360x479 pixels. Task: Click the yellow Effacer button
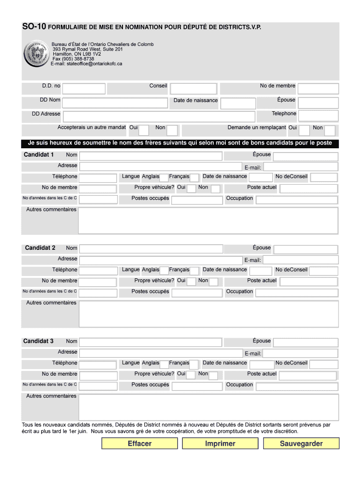(x=139, y=443)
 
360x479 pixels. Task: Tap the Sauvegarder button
(x=301, y=443)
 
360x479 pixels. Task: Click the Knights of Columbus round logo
(x=36, y=54)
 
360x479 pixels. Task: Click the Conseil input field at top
(x=194, y=88)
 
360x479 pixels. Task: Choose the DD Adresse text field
(x=158, y=116)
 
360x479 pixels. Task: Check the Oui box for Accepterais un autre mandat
(x=144, y=130)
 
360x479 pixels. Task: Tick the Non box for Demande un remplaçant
(x=330, y=130)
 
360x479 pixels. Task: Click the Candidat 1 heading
(x=39, y=155)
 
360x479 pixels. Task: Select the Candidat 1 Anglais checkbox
(x=164, y=178)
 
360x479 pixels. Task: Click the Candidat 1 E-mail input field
(x=300, y=167)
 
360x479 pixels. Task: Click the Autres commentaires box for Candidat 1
(x=208, y=220)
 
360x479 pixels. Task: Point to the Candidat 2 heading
(x=40, y=248)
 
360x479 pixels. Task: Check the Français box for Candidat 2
(x=194, y=271)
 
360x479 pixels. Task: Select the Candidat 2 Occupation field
(x=297, y=293)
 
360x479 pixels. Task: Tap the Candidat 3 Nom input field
(x=150, y=342)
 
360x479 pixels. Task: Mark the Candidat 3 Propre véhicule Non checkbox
(x=213, y=376)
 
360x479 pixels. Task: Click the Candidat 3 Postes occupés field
(x=196, y=386)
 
